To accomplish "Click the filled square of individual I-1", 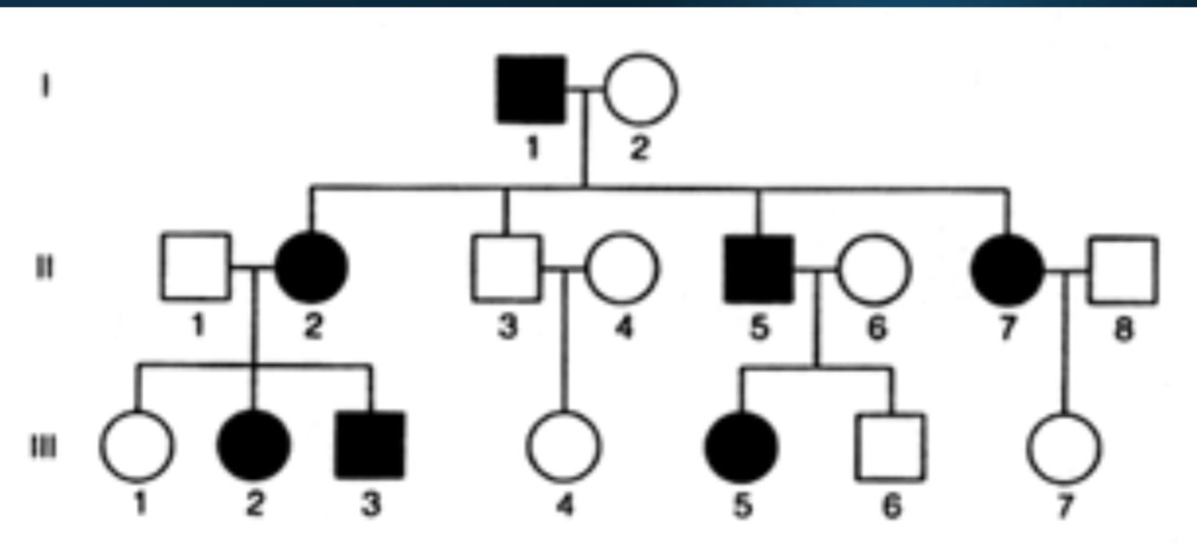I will (x=531, y=90).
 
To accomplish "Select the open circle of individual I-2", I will (x=640, y=90).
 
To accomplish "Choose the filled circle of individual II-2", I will (x=311, y=267).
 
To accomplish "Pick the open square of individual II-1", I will (x=197, y=267).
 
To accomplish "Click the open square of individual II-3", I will (x=507, y=267).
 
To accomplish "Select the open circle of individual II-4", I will (x=622, y=267).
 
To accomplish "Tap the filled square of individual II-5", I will (x=758, y=267).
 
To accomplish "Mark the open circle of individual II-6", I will (x=874, y=267).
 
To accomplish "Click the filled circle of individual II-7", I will (x=1008, y=267).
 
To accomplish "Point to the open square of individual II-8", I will (x=1123, y=267).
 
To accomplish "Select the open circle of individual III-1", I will (x=136, y=446).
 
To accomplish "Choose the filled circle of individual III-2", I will (x=255, y=446).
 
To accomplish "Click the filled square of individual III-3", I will (x=371, y=446).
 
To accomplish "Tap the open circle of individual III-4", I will (x=564, y=446).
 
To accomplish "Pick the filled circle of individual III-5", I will (x=741, y=446).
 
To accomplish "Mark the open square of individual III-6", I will (x=891, y=446).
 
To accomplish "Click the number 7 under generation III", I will (x=1063, y=506).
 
